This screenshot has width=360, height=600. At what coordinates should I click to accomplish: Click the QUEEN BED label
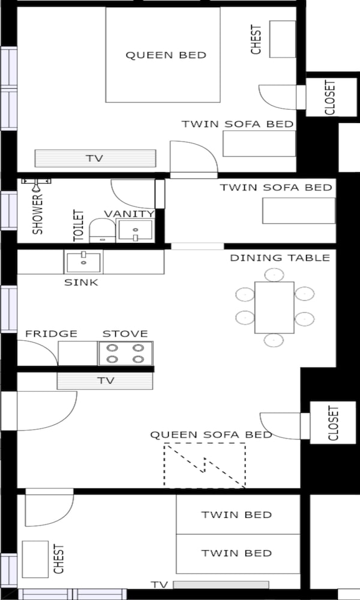166,55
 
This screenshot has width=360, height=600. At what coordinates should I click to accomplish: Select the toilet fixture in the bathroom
102,230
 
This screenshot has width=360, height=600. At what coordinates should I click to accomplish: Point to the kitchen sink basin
83,262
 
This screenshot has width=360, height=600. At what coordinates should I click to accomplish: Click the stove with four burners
125,353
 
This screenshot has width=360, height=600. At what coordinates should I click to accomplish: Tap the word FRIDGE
51,334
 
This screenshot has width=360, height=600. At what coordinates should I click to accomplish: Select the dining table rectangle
274,307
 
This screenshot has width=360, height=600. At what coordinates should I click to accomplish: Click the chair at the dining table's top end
274,274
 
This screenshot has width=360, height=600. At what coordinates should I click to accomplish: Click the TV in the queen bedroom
95,158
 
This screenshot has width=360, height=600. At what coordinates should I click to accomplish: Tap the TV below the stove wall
105,381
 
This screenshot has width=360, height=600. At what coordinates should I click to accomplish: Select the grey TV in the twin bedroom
221,584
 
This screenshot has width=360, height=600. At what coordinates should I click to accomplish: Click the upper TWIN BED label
236,515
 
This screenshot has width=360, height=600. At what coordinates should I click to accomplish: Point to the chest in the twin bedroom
35,559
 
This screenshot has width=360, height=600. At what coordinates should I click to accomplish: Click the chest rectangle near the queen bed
283,39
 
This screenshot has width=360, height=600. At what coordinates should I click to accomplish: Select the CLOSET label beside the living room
333,423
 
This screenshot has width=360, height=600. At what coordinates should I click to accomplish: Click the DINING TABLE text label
280,258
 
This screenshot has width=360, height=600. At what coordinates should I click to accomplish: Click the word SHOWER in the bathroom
37,214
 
